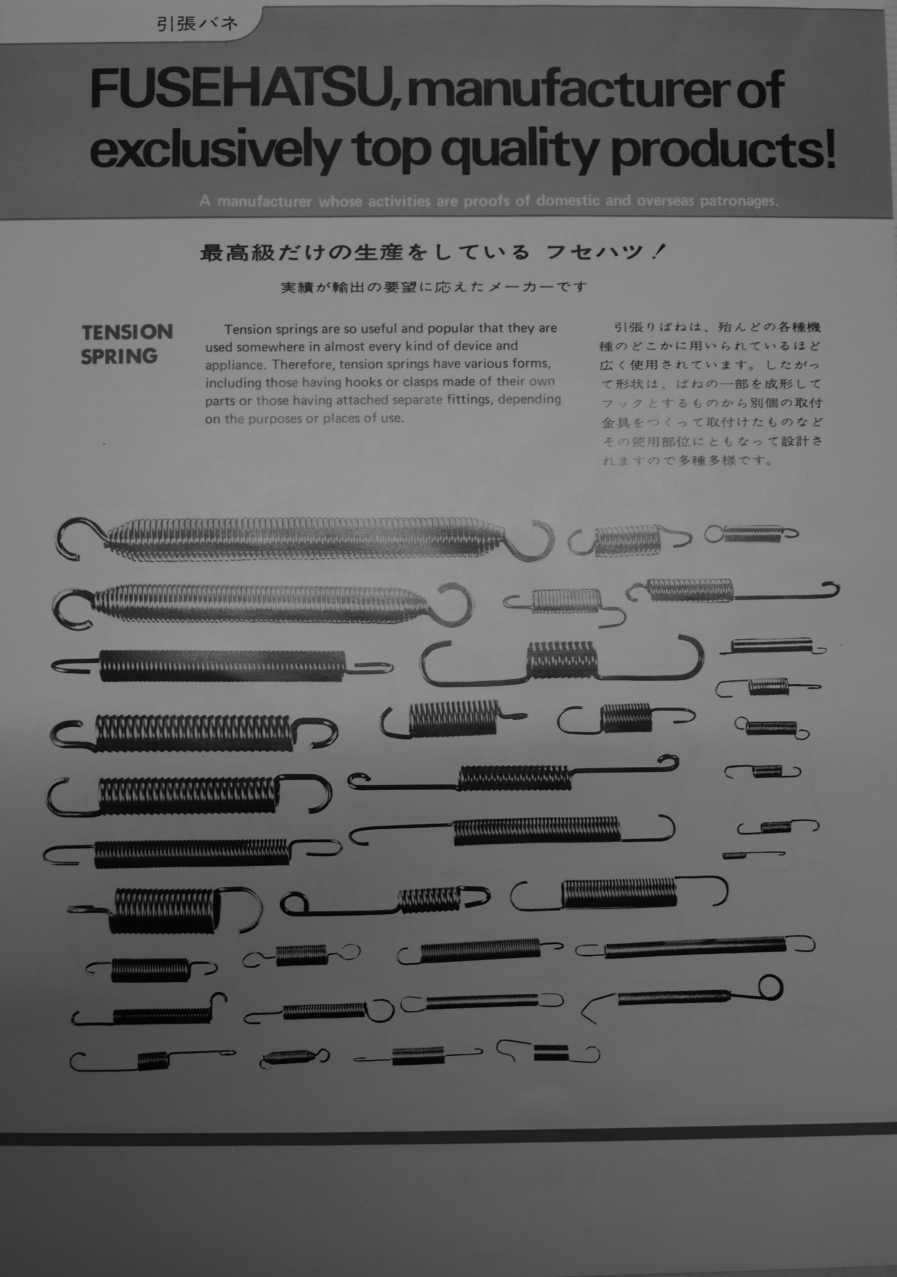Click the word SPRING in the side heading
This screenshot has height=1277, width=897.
point(119,356)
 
